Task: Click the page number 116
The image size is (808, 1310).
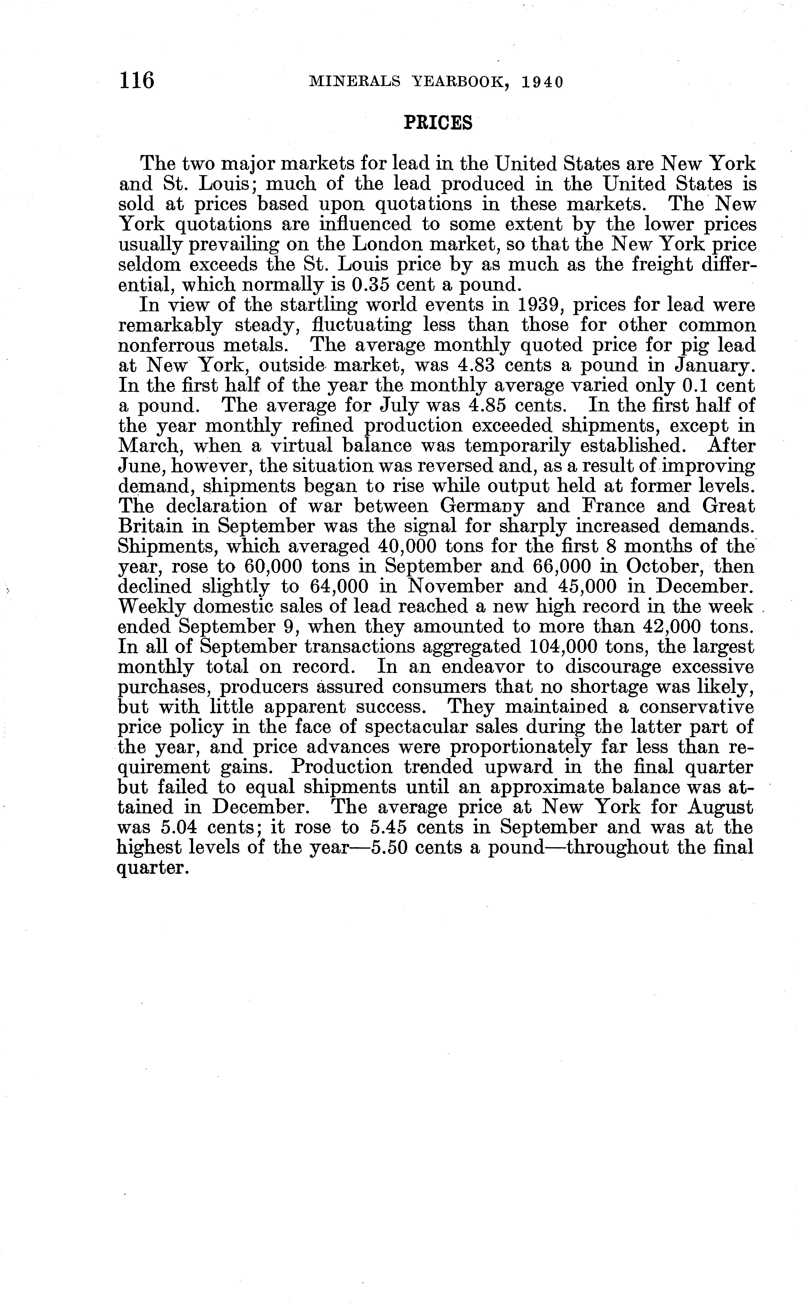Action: coord(137,81)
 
